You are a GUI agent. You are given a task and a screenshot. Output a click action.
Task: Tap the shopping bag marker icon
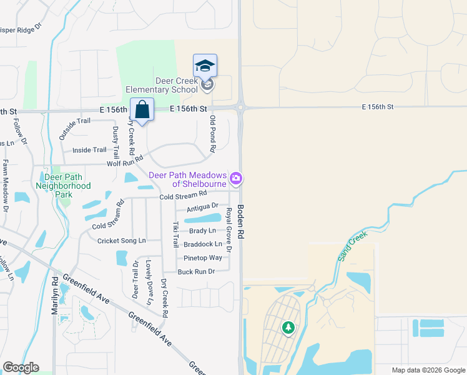142,110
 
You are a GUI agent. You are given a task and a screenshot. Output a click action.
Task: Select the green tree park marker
288,327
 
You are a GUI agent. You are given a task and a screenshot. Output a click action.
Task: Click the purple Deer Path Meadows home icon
236,179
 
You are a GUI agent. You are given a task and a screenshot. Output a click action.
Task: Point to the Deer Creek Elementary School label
162,85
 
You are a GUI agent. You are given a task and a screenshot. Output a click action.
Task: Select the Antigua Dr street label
202,206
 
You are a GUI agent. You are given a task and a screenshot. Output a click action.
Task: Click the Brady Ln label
202,231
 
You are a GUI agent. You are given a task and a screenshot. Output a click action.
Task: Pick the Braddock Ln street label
202,244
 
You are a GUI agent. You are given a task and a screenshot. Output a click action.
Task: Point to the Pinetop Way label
202,257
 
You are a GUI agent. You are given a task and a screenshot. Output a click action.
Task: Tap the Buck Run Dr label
196,271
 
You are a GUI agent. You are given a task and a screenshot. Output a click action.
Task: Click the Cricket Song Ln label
121,240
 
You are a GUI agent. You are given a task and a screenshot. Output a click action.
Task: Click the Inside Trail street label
89,150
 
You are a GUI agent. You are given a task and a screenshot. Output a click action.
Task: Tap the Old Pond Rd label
213,134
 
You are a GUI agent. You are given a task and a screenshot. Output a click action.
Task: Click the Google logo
21,367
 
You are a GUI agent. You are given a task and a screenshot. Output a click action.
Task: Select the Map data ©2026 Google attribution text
428,370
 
